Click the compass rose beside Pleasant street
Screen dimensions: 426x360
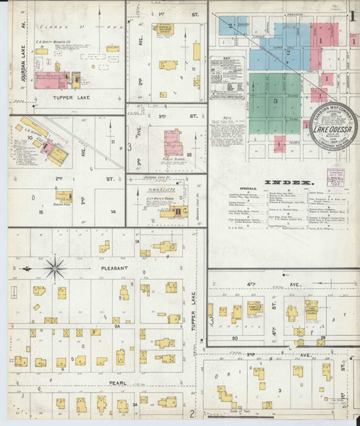(x=55, y=269)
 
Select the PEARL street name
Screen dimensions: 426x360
(x=102, y=383)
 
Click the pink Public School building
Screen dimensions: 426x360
(x=173, y=143)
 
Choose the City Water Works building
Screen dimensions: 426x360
(x=170, y=212)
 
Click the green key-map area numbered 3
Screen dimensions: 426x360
(x=273, y=101)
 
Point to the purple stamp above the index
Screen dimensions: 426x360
(x=335, y=176)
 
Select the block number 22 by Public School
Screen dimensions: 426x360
(x=190, y=154)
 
